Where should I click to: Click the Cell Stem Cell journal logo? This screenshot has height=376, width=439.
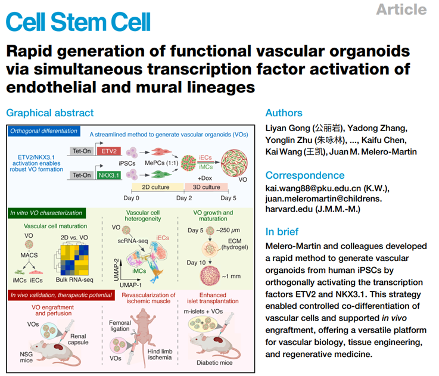(x=78, y=21)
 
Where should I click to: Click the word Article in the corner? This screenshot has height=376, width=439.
(x=401, y=10)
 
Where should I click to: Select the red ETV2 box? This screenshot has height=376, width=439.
(x=109, y=151)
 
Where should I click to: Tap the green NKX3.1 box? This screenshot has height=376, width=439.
(x=109, y=175)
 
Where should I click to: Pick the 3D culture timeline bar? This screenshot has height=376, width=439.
(x=206, y=187)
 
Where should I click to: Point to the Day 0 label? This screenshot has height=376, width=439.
(x=131, y=198)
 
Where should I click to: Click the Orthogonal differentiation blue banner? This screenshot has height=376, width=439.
(x=43, y=131)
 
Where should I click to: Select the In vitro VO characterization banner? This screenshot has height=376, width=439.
(x=46, y=213)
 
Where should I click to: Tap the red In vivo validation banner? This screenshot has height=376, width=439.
(x=61, y=295)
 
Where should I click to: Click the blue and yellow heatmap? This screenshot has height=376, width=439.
(x=74, y=260)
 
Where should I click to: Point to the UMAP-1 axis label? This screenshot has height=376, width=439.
(x=131, y=285)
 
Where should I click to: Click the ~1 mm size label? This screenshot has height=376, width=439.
(x=231, y=276)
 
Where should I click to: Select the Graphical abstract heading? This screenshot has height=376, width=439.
(x=50, y=113)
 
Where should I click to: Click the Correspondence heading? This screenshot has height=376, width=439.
(x=305, y=175)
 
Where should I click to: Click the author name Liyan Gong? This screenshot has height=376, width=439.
(x=288, y=128)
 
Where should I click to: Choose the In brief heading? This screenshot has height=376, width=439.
(x=282, y=232)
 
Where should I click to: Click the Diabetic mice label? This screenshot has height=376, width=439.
(x=214, y=363)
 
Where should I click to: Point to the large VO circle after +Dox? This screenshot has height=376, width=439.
(x=234, y=163)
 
